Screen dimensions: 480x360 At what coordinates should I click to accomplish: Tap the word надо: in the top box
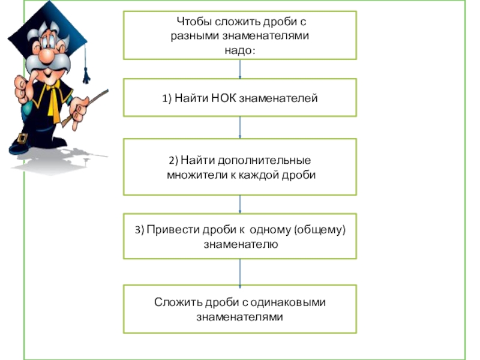click(x=239, y=50)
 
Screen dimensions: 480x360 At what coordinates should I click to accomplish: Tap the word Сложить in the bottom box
click(x=174, y=302)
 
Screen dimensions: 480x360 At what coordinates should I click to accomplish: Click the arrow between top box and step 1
click(x=240, y=69)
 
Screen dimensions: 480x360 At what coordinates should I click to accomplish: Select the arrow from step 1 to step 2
click(x=240, y=127)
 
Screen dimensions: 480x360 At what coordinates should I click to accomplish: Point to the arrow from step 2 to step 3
click(x=240, y=204)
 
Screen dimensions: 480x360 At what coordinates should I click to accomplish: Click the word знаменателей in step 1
click(x=278, y=98)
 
